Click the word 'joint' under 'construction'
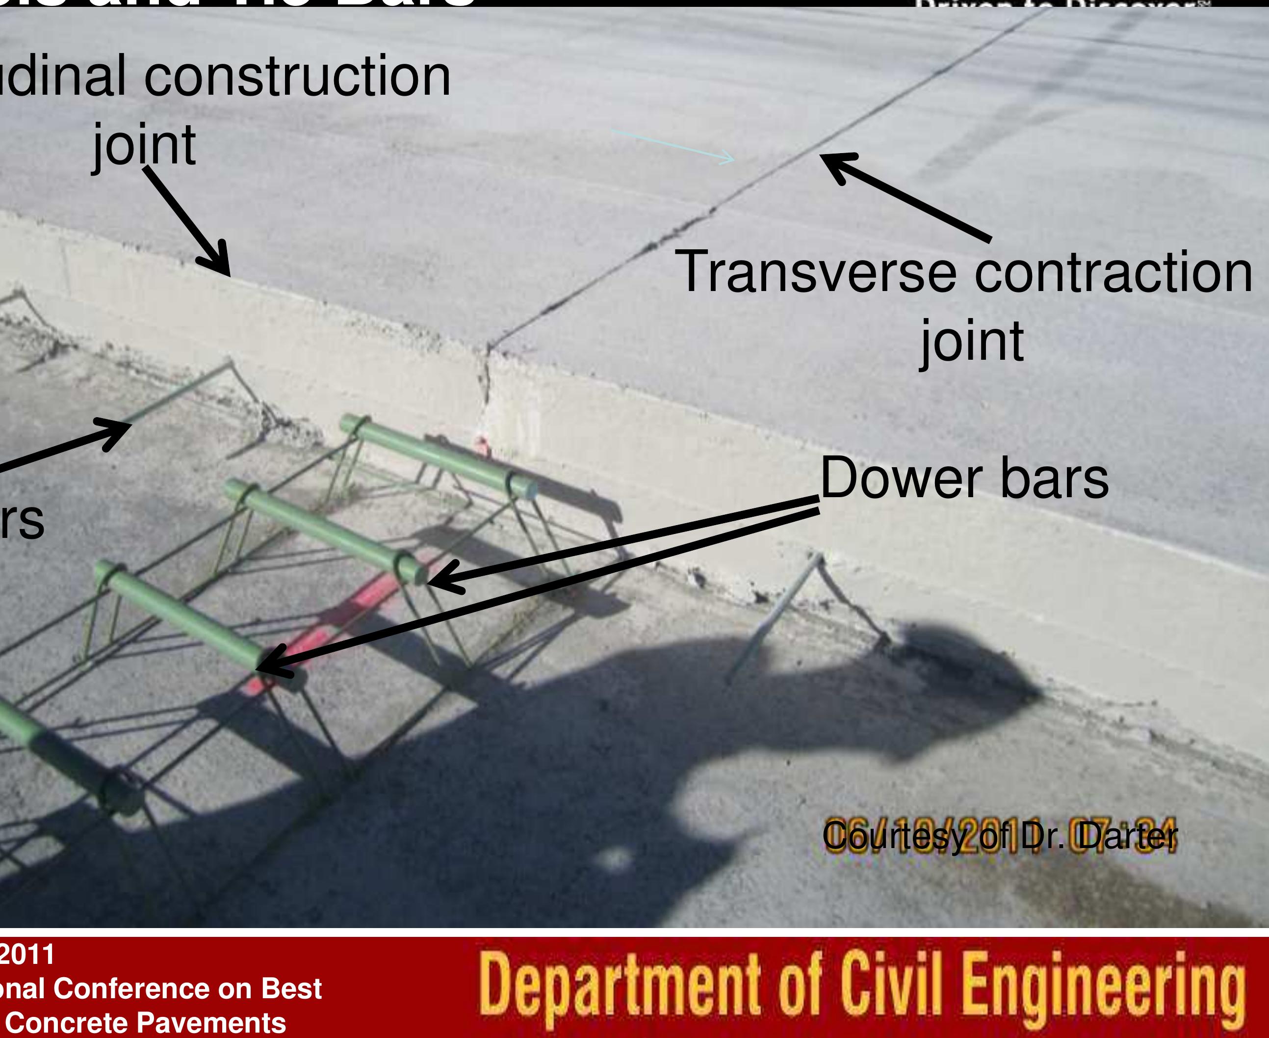(145, 145)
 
